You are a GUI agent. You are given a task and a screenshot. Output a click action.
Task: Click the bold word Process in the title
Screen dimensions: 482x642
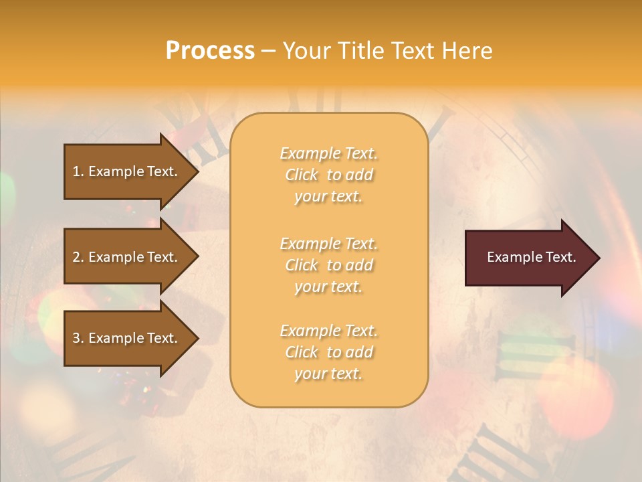point(210,51)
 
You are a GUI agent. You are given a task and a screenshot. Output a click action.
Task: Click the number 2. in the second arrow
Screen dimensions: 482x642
point(78,257)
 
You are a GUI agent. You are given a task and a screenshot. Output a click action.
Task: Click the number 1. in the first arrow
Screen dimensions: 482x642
point(78,171)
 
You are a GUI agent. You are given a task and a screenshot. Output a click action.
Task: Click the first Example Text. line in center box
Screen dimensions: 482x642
point(328,154)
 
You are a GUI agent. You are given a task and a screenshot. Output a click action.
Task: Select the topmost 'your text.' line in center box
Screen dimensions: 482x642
point(328,197)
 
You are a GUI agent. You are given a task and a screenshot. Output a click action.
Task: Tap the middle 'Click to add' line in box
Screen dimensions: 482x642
point(328,265)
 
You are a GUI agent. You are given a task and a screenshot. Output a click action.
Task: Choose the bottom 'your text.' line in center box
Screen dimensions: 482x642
point(328,374)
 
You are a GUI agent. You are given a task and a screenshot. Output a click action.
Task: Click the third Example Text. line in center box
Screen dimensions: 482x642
point(328,331)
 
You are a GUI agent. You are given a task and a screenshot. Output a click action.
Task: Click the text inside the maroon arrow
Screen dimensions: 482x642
point(531,257)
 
